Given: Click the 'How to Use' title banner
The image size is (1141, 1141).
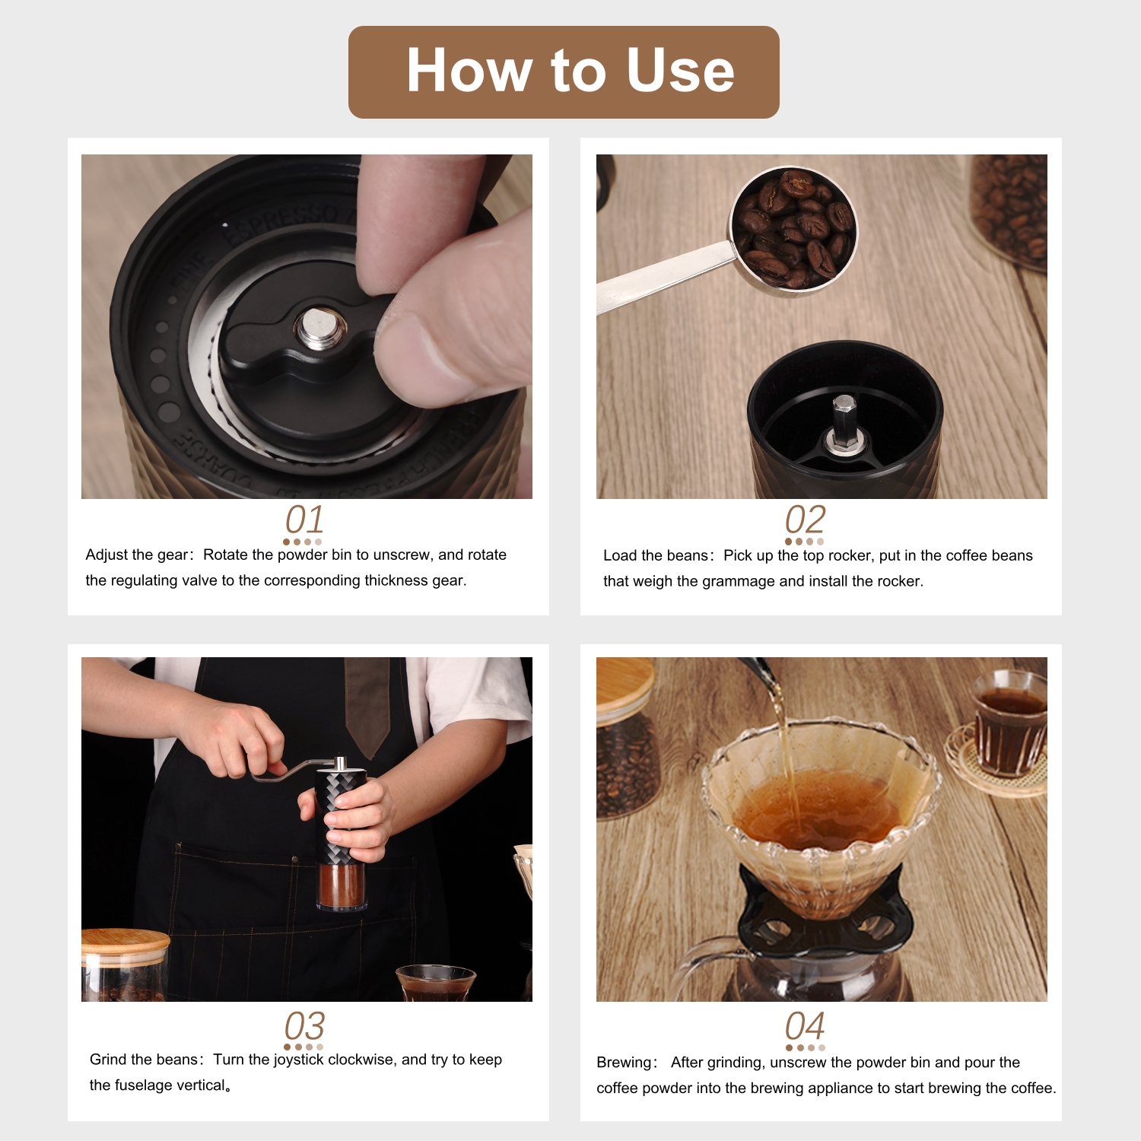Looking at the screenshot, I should tap(564, 72).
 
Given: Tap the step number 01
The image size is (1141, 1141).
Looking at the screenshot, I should tap(304, 520).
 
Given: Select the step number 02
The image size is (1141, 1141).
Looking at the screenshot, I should tap(805, 520).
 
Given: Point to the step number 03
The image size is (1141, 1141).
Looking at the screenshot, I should tap(304, 1025).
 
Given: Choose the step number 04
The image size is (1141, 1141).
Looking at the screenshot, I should tap(805, 1025).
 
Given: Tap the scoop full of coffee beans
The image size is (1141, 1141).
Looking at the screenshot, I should tap(793, 230).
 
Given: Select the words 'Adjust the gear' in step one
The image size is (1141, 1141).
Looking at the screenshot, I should tap(136, 555).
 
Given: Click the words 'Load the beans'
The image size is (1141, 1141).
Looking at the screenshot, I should tap(655, 555).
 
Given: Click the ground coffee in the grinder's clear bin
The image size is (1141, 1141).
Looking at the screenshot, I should tap(341, 885).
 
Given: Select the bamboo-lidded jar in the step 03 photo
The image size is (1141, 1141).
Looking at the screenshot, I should tap(125, 965).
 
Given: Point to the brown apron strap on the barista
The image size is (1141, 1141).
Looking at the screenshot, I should tap(367, 704).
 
